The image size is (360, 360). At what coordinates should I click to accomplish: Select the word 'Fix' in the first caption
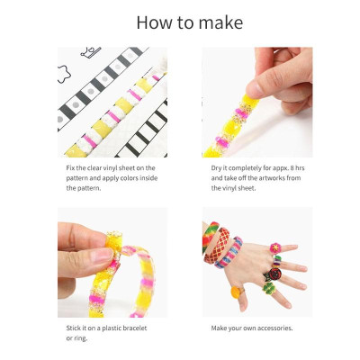point(70,167)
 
